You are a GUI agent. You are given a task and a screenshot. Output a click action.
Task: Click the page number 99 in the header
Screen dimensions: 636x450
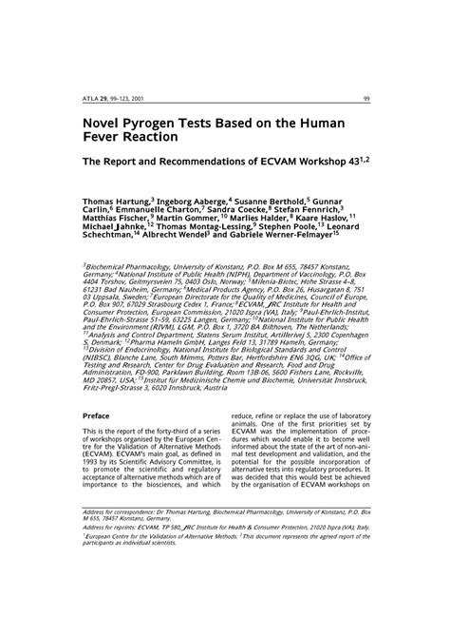tap(366, 98)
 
